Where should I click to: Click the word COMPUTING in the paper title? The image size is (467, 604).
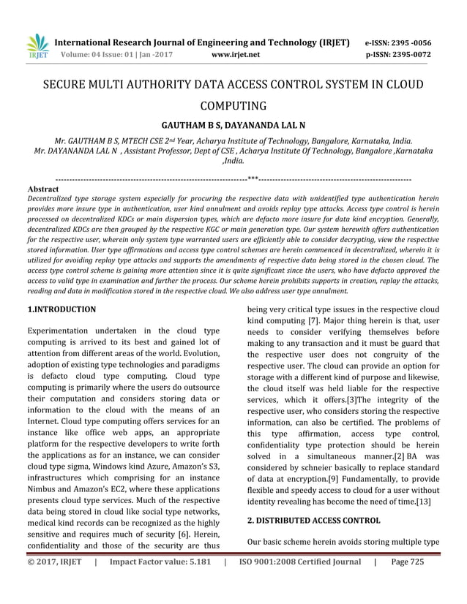(x=233, y=105)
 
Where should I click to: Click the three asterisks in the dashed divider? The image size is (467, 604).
(x=253, y=178)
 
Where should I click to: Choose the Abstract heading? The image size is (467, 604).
(x=42, y=189)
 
